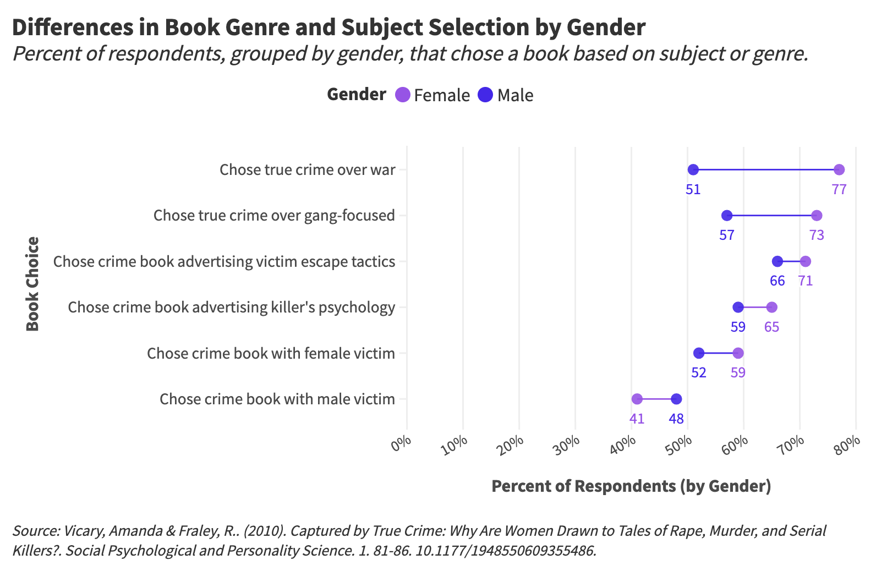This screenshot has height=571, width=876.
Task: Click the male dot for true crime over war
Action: (693, 169)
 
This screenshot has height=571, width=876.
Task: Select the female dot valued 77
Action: (839, 169)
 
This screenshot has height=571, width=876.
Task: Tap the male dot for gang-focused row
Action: (727, 215)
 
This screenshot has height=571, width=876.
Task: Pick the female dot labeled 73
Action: (817, 215)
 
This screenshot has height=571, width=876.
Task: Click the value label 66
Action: (777, 281)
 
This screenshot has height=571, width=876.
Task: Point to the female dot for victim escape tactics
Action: (805, 261)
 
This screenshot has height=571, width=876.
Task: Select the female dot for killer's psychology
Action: (771, 307)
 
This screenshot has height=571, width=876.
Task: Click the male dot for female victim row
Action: (699, 353)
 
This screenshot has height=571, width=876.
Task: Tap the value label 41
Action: (637, 419)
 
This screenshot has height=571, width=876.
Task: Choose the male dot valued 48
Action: (676, 399)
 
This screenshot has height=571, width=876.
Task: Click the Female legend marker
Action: (403, 95)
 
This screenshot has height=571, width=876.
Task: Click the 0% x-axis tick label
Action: (402, 443)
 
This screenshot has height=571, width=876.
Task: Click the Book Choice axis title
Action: (32, 284)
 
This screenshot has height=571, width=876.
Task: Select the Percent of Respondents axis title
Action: (631, 486)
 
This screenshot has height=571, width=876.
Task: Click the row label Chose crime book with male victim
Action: (277, 399)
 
